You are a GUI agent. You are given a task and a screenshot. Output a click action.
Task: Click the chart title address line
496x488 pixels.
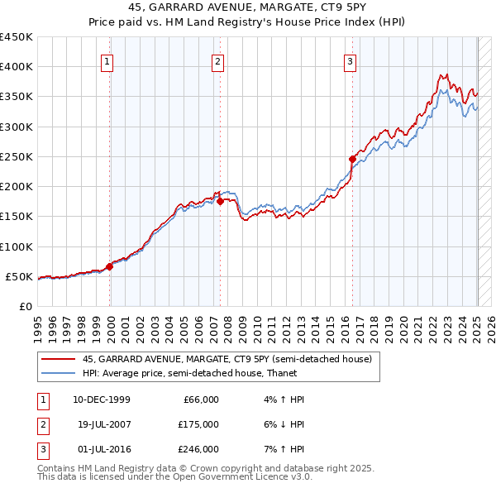pos(247,7)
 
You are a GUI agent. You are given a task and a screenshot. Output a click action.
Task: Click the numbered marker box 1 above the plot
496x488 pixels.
pos(109,60)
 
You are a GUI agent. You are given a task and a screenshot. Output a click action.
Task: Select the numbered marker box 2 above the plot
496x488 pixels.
pos(217,60)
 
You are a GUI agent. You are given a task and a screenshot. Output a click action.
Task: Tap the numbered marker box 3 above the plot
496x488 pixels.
pos(350,60)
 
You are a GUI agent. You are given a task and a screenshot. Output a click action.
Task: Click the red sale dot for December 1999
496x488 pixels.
pos(110,266)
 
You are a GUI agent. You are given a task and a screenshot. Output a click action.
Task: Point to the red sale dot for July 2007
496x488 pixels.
pos(221,201)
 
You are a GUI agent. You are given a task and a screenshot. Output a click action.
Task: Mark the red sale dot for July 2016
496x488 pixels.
pos(352,159)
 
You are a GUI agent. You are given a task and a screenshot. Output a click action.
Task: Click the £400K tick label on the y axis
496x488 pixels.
pos(17,67)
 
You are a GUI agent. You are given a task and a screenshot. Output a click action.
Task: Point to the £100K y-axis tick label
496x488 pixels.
pos(17,246)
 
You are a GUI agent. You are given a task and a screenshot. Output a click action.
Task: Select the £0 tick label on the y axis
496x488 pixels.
pos(25,306)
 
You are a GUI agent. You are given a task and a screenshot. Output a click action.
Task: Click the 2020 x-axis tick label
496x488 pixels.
pos(404,327)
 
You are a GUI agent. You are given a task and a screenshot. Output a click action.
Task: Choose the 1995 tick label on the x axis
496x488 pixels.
pos(38,327)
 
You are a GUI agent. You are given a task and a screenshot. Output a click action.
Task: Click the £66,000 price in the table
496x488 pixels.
pos(200,399)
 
